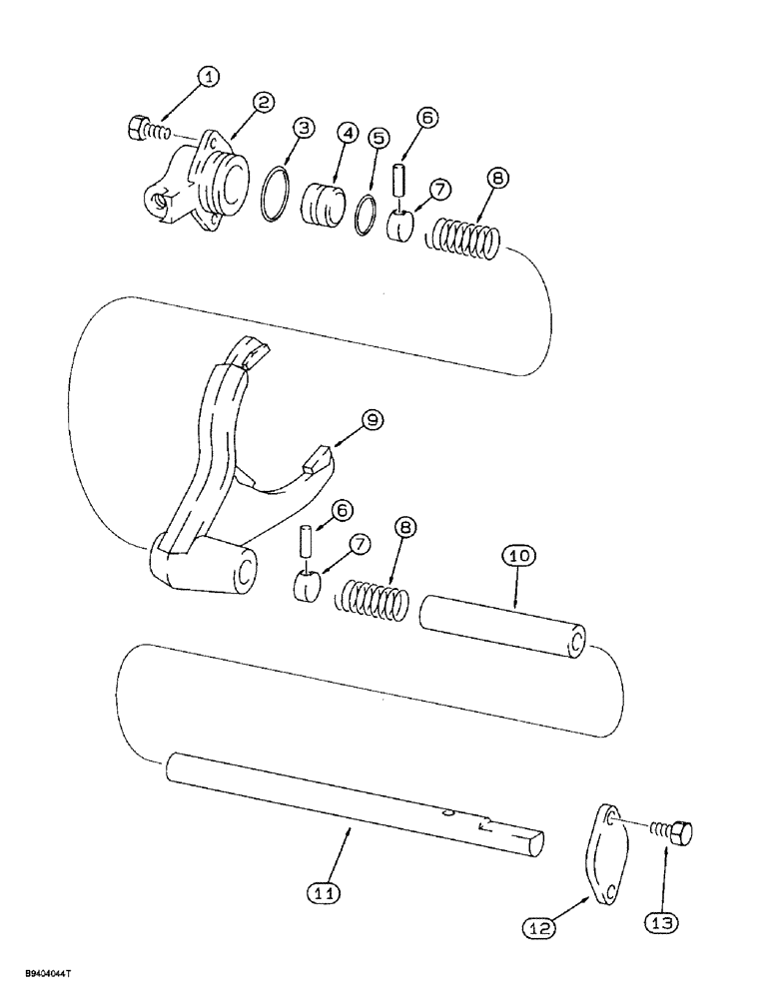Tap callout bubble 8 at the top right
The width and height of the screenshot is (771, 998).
497,178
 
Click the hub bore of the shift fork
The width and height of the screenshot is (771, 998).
242,574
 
